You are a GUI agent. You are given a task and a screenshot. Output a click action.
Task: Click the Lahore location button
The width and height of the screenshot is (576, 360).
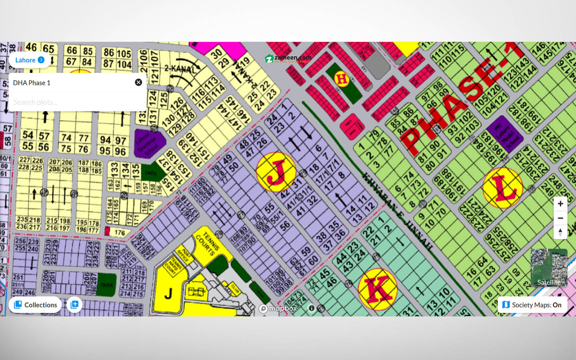pyautogui.click(x=30, y=60)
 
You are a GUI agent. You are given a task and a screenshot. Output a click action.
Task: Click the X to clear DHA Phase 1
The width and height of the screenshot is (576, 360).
pyautogui.click(x=138, y=82)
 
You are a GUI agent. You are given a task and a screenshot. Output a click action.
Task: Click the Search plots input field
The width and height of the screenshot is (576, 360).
pyautogui.click(x=76, y=102)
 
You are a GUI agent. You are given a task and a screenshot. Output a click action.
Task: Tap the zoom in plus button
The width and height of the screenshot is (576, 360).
pyautogui.click(x=560, y=204)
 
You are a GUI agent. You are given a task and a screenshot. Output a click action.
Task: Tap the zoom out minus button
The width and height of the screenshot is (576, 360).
pyautogui.click(x=560, y=218)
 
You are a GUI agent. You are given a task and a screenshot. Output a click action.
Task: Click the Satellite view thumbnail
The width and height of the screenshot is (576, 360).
pyautogui.click(x=549, y=268)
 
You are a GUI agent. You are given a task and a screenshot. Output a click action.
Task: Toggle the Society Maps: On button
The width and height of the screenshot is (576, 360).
pyautogui.click(x=532, y=305)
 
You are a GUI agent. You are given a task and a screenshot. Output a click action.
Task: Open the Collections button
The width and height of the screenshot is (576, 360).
pyautogui.click(x=35, y=305)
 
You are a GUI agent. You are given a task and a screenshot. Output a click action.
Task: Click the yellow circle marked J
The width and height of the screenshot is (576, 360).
pyautogui.click(x=276, y=172)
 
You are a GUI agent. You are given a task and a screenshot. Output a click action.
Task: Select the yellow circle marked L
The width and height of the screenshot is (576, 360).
pyautogui.click(x=502, y=188)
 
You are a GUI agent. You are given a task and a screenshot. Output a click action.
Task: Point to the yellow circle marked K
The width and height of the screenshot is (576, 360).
pyautogui.click(x=377, y=289)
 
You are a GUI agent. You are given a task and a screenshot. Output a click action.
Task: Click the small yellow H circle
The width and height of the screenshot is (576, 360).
pyautogui.click(x=342, y=79)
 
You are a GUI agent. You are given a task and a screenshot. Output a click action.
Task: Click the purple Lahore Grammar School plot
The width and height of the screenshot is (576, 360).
pyautogui.click(x=148, y=143)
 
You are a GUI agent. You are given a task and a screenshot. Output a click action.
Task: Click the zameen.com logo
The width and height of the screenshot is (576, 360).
pyautogui.click(x=288, y=58)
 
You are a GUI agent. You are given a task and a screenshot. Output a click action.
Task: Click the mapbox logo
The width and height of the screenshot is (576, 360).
pyautogui.click(x=278, y=308)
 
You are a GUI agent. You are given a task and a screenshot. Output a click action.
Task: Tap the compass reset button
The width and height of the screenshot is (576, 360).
pyautogui.click(x=560, y=232)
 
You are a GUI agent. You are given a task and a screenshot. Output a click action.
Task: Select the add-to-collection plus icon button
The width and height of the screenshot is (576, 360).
pyautogui.click(x=74, y=305)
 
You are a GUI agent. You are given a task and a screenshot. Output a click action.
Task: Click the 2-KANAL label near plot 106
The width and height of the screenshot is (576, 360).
pyautogui.click(x=180, y=69)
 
